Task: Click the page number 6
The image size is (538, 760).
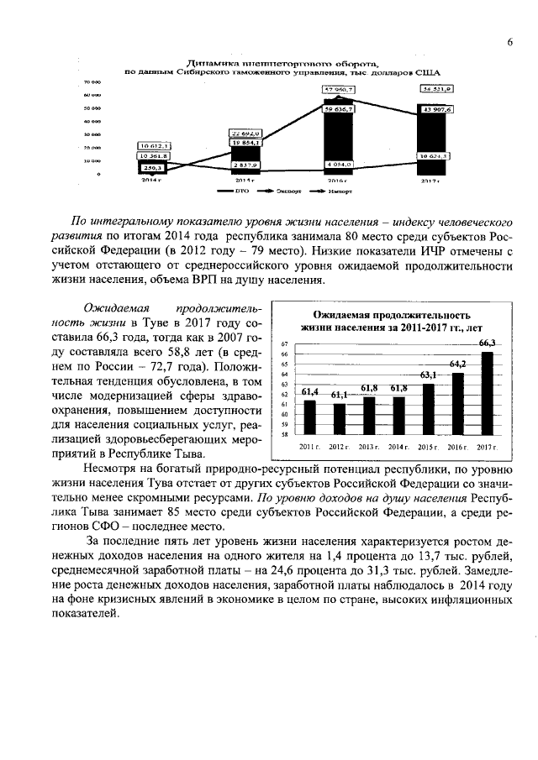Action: [x=509, y=43]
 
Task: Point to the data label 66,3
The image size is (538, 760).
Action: [x=487, y=343]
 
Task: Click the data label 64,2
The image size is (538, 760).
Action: [x=457, y=364]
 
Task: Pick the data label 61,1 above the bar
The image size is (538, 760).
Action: [x=339, y=395]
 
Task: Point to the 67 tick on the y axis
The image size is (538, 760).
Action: [x=285, y=344]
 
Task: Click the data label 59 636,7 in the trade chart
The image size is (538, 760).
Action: [x=339, y=108]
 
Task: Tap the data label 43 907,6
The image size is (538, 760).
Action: [x=437, y=109]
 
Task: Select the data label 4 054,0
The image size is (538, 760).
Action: [x=339, y=165]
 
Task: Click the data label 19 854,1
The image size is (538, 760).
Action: [x=246, y=143]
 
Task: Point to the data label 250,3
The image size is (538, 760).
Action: [x=152, y=168]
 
